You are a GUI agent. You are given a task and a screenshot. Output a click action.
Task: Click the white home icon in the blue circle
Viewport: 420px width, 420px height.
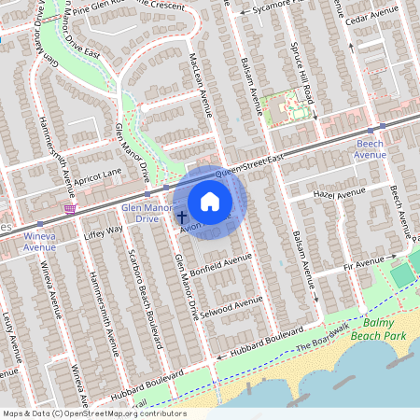[x=210, y=202]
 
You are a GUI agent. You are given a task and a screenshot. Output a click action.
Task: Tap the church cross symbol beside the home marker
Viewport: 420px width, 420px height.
[x=182, y=217]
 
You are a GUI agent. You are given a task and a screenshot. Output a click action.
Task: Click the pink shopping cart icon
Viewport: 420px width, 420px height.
[x=69, y=209]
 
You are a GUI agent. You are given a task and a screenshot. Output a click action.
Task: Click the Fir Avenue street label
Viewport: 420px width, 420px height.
[x=362, y=265]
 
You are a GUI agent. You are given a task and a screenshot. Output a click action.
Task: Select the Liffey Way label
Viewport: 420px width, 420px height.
[x=103, y=231]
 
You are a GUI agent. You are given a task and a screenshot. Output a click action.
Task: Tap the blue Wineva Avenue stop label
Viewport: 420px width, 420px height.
[x=39, y=242]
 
